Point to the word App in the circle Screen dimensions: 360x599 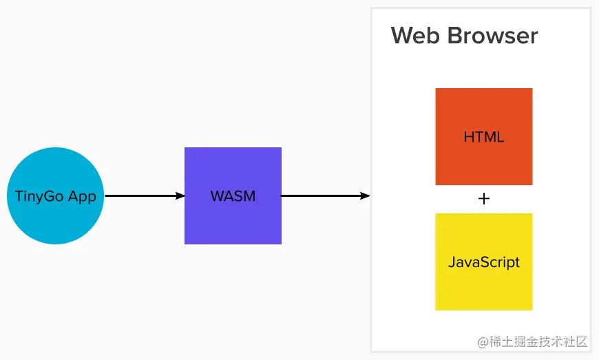tap(83, 196)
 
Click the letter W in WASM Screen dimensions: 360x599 tap(216, 196)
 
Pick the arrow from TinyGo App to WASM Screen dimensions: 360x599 tap(141, 196)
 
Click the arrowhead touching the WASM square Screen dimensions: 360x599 tap(180, 196)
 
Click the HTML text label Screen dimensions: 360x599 tap(483, 137)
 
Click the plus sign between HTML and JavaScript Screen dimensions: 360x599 tap(483, 199)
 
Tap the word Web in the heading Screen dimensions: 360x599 tap(413, 36)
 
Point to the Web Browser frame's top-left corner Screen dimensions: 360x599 tap(372, 9)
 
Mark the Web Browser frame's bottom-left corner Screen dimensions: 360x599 tap(372, 352)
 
